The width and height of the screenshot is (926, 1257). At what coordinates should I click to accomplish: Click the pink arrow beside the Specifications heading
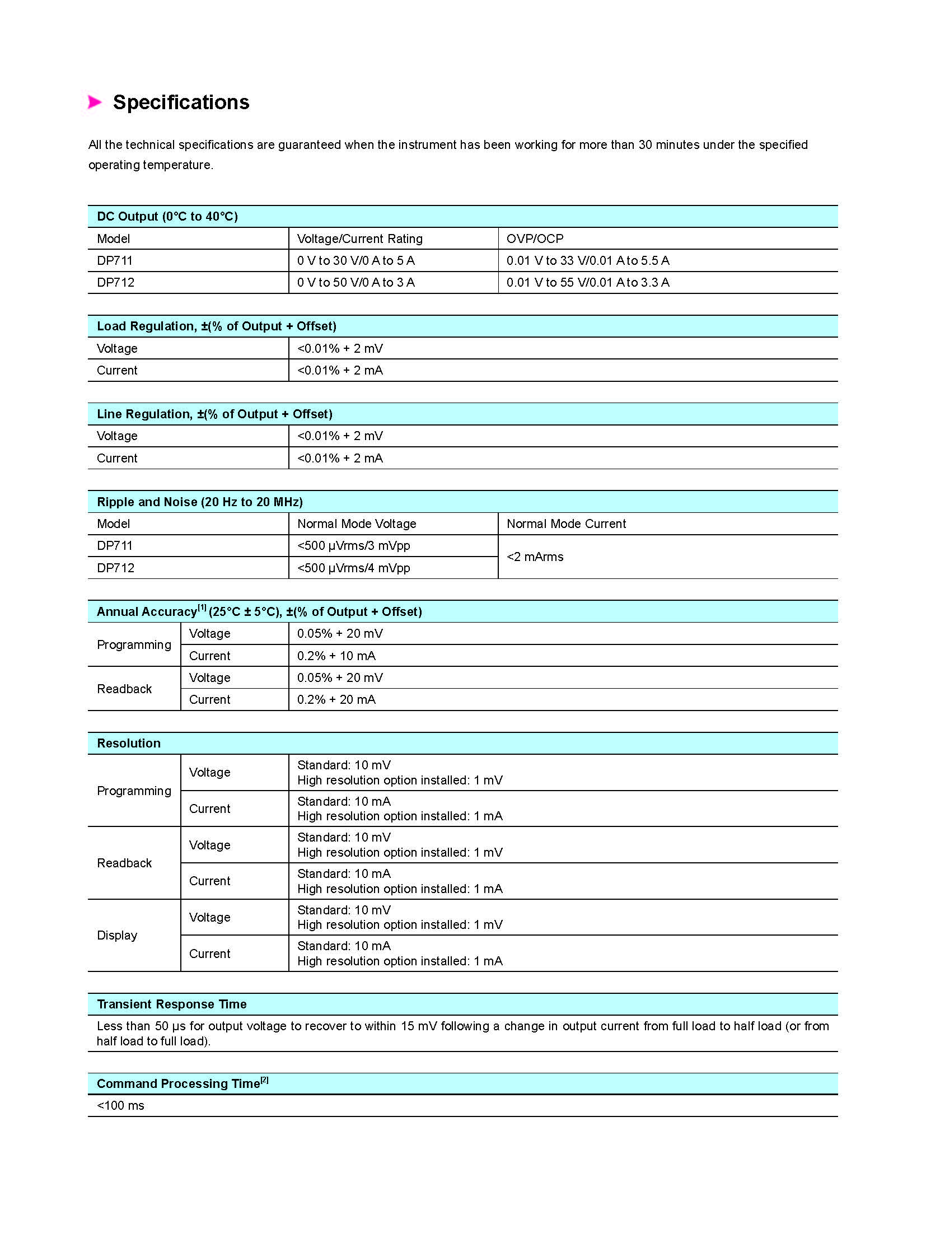click(x=95, y=102)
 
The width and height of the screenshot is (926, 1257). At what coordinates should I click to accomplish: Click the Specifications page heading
click(x=181, y=102)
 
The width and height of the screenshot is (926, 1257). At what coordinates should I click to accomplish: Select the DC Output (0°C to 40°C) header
click(x=167, y=217)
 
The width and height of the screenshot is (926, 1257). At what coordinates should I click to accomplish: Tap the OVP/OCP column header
click(x=535, y=239)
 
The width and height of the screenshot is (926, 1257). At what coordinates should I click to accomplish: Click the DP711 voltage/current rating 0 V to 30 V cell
click(x=356, y=260)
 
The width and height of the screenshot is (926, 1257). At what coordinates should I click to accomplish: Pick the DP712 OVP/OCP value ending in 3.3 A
click(x=587, y=282)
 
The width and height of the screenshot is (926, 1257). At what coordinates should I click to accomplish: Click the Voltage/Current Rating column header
click(x=359, y=239)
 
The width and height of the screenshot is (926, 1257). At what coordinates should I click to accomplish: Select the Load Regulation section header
click(x=216, y=326)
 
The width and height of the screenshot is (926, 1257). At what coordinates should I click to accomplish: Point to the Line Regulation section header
click(x=214, y=414)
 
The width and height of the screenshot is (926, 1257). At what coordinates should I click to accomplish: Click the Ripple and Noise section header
click(x=199, y=502)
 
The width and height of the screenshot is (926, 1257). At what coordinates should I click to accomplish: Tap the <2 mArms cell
click(x=535, y=557)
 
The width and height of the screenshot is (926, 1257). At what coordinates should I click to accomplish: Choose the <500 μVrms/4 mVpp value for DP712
click(x=353, y=568)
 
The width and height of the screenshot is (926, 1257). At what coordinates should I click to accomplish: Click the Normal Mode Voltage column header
click(x=357, y=524)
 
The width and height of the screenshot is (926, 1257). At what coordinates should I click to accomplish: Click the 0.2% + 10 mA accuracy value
click(x=336, y=656)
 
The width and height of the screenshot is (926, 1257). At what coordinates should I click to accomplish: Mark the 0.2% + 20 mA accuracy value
click(x=336, y=699)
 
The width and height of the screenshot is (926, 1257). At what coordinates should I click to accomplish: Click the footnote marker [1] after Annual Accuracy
click(x=202, y=608)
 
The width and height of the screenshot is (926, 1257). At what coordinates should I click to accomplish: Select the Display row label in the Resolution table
click(x=116, y=935)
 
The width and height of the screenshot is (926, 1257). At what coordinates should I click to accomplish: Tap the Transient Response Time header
click(x=171, y=1004)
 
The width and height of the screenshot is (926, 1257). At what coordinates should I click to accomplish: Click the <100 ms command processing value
click(x=120, y=1106)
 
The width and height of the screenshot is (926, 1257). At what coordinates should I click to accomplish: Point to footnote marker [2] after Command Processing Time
click(x=265, y=1080)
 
